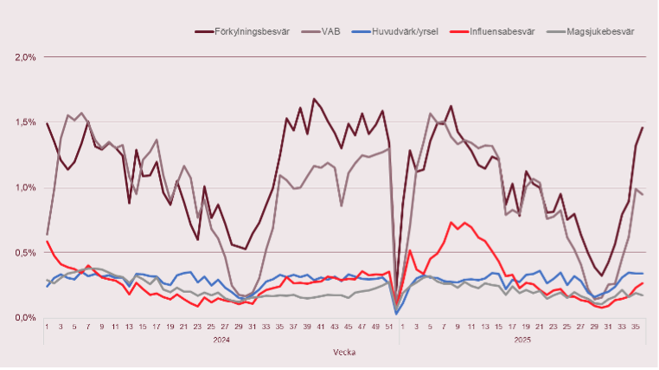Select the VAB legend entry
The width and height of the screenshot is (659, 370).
330,31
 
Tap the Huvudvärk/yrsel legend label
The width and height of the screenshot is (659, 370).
405,31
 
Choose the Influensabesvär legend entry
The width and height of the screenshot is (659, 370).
501,31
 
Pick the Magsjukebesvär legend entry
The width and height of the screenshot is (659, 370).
600,31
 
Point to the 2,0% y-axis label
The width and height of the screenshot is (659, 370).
24,57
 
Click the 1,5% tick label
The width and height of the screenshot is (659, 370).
24,122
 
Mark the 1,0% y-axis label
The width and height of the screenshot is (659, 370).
24,187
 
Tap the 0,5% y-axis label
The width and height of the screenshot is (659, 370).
24,252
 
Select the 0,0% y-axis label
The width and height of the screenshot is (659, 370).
24,317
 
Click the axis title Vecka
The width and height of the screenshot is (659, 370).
345,353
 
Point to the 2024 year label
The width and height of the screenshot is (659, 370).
221,341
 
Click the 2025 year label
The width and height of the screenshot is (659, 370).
521,341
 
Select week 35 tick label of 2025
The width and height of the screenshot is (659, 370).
636,328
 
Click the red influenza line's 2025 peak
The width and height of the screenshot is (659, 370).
451,223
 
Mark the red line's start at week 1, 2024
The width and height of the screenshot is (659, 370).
47,242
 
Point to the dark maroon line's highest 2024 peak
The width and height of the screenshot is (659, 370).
314,99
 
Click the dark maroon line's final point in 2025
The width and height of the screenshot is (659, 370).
643,127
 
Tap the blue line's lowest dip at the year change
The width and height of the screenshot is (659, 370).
396,313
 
